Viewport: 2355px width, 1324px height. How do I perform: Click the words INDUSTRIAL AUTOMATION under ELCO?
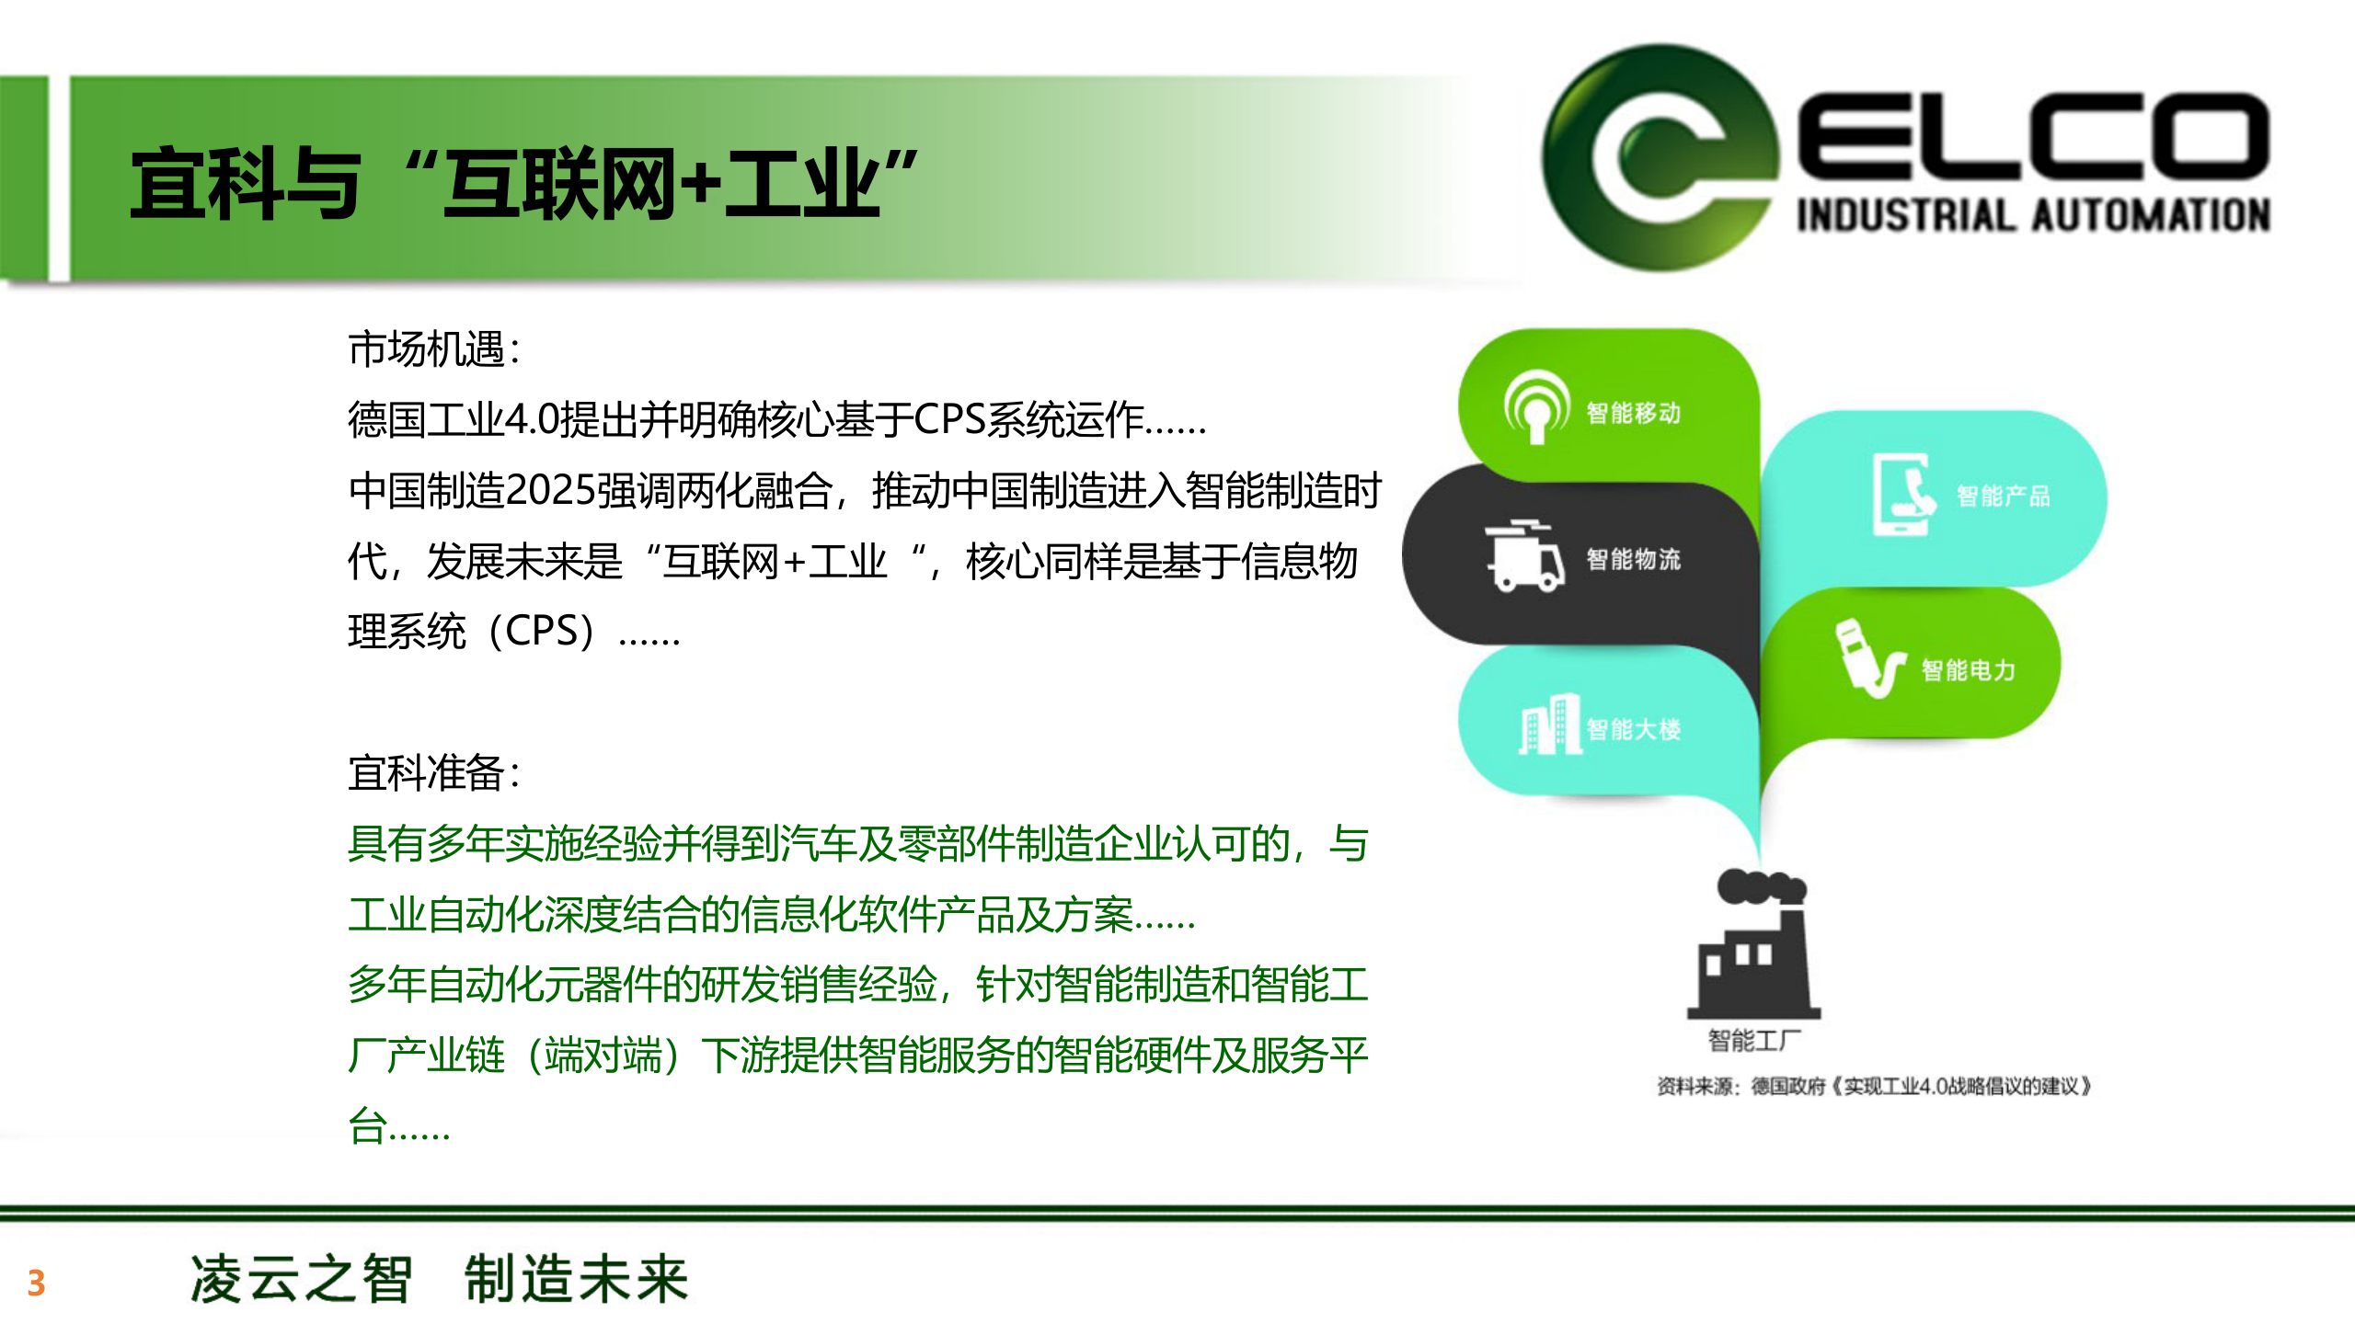(x=2033, y=215)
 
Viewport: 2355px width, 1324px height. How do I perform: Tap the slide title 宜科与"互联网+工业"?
(x=524, y=184)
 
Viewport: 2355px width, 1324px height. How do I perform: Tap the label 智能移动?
(x=1634, y=413)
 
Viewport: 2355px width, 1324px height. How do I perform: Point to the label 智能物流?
(x=1634, y=559)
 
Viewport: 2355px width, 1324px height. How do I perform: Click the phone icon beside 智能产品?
(x=1902, y=495)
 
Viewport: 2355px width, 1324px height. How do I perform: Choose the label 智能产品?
(x=2004, y=496)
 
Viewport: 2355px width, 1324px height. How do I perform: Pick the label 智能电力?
(x=1969, y=670)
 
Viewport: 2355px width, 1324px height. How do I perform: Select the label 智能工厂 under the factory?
(x=1753, y=1041)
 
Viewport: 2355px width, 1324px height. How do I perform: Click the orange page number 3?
(x=36, y=1283)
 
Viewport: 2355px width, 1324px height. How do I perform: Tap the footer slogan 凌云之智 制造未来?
(x=439, y=1279)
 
